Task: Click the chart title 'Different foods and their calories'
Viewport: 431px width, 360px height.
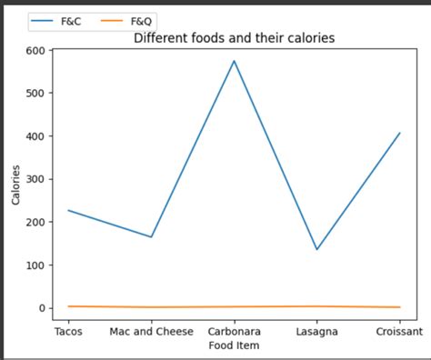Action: coord(234,38)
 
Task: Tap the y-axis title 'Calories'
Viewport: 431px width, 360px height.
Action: coord(16,179)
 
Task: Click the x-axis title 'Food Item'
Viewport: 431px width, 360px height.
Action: coord(234,345)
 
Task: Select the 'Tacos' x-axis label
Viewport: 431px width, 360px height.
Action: coord(68,331)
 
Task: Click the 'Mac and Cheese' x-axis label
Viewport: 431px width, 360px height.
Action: coord(151,331)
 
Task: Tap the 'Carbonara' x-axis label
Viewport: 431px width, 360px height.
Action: coord(234,331)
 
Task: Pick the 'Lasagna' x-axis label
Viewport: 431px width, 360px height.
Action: coord(316,331)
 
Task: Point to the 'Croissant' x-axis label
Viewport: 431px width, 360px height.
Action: coord(399,331)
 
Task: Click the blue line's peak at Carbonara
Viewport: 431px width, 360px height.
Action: coord(234,61)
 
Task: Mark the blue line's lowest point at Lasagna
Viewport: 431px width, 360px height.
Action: coord(316,249)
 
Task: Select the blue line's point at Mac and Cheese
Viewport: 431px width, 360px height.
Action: coord(151,237)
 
